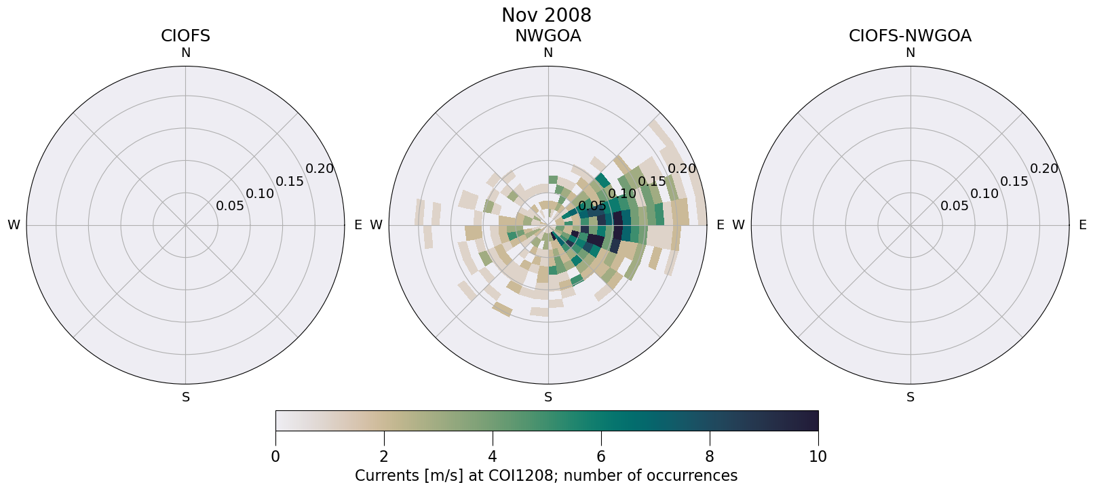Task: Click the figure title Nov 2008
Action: (546, 15)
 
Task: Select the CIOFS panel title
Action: (185, 36)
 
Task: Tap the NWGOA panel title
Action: (548, 36)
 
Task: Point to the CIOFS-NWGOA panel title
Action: (910, 36)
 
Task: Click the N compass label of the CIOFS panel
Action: (185, 53)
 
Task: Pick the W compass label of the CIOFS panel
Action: (14, 225)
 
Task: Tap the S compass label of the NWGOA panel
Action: (548, 397)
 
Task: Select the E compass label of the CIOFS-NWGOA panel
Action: (1082, 225)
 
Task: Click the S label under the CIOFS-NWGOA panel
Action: (910, 397)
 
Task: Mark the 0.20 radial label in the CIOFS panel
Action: (320, 169)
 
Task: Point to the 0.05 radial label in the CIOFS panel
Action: (230, 206)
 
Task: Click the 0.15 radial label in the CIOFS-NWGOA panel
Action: (1014, 181)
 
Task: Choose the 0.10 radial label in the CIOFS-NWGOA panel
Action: (984, 194)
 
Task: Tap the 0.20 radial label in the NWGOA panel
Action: (682, 169)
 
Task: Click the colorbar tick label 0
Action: (275, 456)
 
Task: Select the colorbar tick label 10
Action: (818, 456)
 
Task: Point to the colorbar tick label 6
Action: (601, 456)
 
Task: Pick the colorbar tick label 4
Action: (493, 456)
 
